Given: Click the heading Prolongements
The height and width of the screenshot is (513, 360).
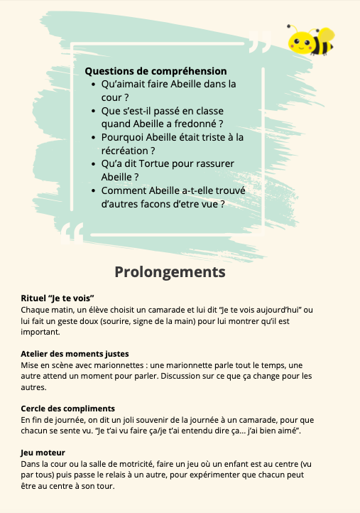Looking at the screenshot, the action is point(170,272).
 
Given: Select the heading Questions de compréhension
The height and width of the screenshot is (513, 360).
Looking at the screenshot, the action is point(156,71).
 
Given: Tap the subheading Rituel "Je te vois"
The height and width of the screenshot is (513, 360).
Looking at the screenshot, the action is point(58,298).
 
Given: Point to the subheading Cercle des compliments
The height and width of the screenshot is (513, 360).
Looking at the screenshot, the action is point(68,409).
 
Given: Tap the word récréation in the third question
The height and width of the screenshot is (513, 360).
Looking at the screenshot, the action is point(125,150).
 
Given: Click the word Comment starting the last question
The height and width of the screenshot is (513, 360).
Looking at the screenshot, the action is point(124,190).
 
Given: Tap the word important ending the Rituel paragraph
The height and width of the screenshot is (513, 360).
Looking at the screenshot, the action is point(40,332).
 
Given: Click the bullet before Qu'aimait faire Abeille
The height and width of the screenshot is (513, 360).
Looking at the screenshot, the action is point(94,84).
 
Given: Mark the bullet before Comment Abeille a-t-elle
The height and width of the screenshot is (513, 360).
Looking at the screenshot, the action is point(94,190).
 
